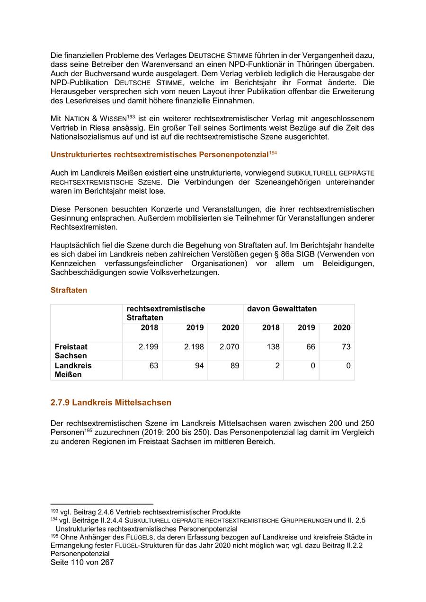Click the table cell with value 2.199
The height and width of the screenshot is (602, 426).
[x=148, y=347]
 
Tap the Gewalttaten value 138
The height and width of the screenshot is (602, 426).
[x=273, y=347]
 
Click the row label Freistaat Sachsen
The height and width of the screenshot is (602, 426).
[x=71, y=351]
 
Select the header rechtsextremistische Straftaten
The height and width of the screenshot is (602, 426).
[x=166, y=313]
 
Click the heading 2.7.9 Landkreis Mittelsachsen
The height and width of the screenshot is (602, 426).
[x=111, y=403]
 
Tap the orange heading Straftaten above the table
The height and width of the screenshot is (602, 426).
[x=69, y=290]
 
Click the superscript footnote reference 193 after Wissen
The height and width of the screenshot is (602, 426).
[x=131, y=116]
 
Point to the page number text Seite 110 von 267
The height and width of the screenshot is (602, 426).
[x=82, y=563]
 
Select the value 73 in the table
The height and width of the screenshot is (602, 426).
[x=346, y=347]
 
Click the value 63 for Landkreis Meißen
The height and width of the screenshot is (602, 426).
[x=153, y=366]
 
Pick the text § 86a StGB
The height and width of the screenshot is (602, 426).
[x=293, y=254]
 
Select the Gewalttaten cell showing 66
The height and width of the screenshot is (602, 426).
[x=311, y=347]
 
